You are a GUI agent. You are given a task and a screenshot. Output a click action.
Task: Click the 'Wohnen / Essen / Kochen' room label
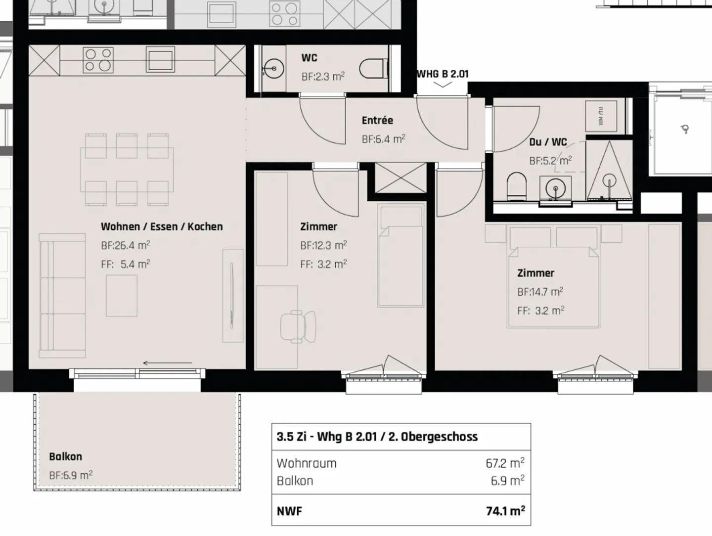[x=162, y=226]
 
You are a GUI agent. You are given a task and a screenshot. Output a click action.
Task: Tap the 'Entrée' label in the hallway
[x=377, y=120]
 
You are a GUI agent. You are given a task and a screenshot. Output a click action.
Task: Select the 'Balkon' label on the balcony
[x=65, y=456]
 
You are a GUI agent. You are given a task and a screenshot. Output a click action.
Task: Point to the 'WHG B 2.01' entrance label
[x=443, y=74]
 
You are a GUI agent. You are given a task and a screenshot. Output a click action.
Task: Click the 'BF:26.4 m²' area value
[x=125, y=245]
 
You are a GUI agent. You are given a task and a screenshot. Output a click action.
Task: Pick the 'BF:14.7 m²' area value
[x=540, y=292]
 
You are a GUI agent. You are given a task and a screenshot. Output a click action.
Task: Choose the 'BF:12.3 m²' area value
[x=323, y=245]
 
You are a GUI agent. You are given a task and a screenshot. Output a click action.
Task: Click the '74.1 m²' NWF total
[x=505, y=511]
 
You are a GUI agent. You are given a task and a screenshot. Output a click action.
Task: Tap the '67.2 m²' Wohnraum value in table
[x=504, y=463]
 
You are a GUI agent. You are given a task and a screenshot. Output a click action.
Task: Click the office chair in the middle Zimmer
[x=298, y=325]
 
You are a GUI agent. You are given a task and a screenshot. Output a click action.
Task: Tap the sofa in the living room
[x=63, y=295]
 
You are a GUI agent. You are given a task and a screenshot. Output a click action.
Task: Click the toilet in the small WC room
[x=373, y=69]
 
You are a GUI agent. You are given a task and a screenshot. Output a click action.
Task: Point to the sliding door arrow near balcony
[x=167, y=363]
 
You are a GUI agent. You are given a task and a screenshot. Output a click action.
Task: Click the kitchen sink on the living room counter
[x=160, y=60]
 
